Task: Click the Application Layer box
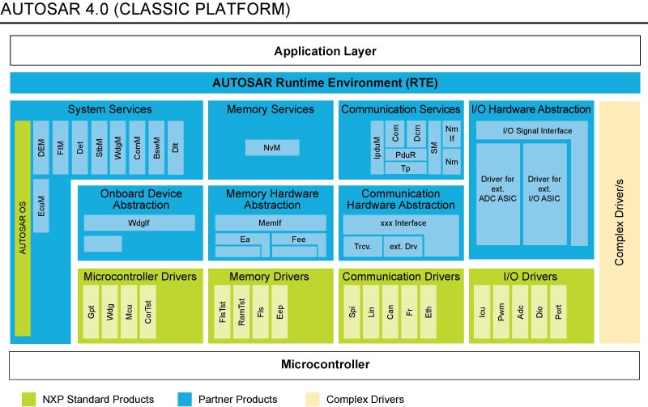324,52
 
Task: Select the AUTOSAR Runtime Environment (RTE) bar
324,83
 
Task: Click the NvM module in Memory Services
272,148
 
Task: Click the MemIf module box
271,223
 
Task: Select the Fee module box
297,239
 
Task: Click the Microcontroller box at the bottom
324,364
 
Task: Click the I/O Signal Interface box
526,130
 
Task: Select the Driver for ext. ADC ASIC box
497,194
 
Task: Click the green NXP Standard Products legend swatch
29,398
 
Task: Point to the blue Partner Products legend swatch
184,398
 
